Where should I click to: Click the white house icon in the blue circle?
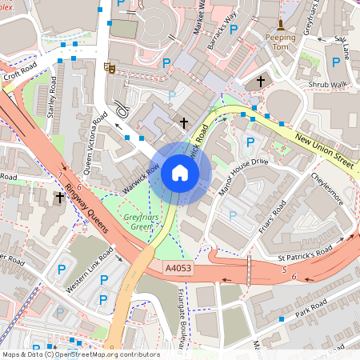(x=180, y=173)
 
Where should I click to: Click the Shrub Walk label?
(x=328, y=84)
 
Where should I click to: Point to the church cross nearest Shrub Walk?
(x=261, y=81)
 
